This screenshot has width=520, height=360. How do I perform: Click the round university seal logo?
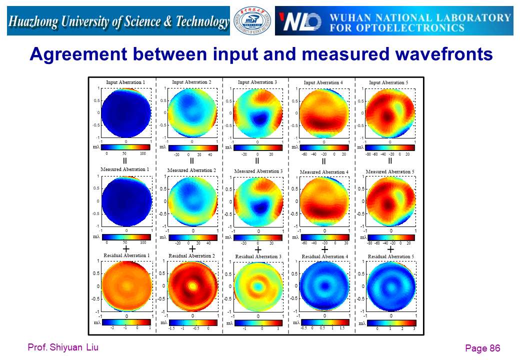click(252, 21)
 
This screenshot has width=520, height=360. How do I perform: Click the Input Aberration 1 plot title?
click(125, 82)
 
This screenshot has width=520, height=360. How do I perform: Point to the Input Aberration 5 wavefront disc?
click(390, 113)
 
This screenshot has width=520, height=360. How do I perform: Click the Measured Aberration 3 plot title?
click(258, 171)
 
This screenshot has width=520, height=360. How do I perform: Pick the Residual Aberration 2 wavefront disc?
click(192, 286)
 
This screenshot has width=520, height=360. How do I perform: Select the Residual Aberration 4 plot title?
click(324, 256)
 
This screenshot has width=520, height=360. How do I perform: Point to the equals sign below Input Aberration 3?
click(257, 160)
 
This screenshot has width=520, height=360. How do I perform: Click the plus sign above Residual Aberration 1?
click(126, 248)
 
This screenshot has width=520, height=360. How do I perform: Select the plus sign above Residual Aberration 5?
click(390, 248)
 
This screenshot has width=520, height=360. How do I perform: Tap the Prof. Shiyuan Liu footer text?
click(63, 347)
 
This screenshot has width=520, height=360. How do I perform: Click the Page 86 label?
click(482, 348)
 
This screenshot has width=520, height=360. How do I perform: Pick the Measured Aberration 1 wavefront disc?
click(126, 201)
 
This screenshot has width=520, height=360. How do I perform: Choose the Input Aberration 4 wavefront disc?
click(324, 113)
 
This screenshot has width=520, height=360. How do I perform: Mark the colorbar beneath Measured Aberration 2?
click(192, 237)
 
